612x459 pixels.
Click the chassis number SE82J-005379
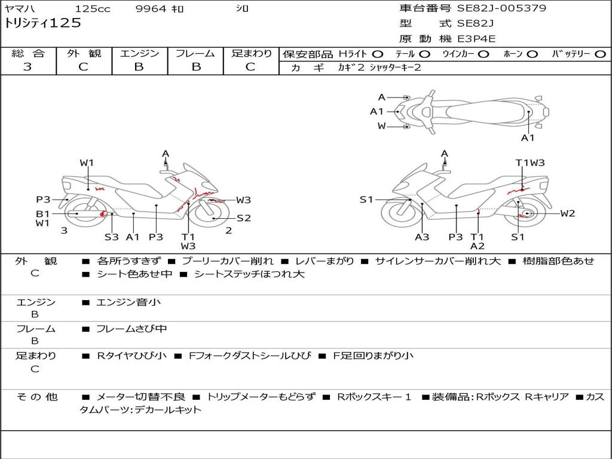(501, 8)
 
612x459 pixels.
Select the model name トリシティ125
(42, 23)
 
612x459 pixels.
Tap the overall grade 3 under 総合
(27, 67)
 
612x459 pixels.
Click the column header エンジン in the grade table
(139, 54)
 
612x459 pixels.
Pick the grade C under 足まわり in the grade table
(250, 67)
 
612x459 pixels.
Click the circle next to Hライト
(377, 54)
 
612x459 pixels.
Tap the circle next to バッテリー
(599, 54)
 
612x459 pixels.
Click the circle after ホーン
(532, 54)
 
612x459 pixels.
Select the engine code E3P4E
(476, 39)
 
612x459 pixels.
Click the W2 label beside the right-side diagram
(567, 213)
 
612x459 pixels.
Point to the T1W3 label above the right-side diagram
(530, 163)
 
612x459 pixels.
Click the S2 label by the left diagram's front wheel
(243, 218)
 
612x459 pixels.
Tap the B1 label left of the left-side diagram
(42, 213)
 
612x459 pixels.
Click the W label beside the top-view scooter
(381, 126)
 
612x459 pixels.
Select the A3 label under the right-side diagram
(422, 237)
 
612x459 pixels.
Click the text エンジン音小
(128, 302)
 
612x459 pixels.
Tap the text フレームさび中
(131, 329)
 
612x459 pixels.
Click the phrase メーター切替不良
(140, 397)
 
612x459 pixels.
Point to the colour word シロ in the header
(242, 9)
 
